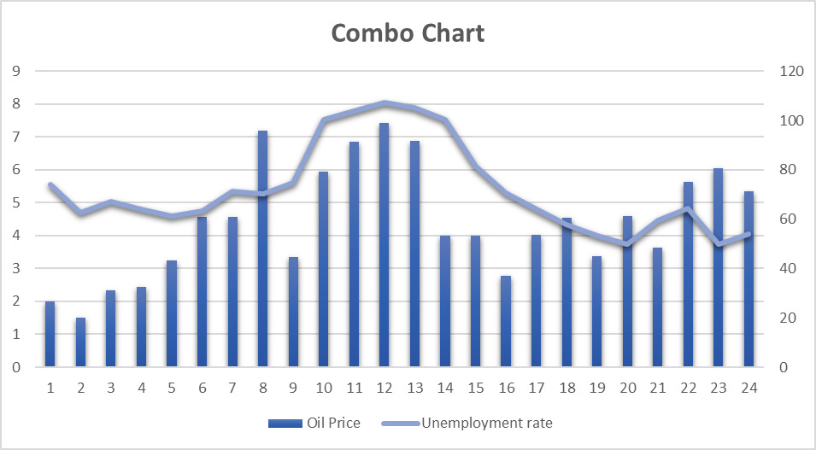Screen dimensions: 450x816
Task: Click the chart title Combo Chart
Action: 408,33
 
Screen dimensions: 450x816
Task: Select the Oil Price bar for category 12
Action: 385,248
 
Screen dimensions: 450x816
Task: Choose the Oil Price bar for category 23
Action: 719,268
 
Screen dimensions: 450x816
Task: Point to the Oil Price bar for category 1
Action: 50,335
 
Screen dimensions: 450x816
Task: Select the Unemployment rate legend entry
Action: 478,423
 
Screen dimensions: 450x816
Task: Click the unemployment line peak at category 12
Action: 385,102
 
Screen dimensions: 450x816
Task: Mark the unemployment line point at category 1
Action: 50,184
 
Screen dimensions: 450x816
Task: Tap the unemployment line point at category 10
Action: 324,120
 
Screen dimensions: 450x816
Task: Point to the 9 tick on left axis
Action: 16,71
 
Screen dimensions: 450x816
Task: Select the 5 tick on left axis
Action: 16,202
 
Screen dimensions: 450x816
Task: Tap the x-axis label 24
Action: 748,389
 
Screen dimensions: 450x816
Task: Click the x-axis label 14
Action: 445,389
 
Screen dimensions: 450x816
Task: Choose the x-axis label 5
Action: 172,389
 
